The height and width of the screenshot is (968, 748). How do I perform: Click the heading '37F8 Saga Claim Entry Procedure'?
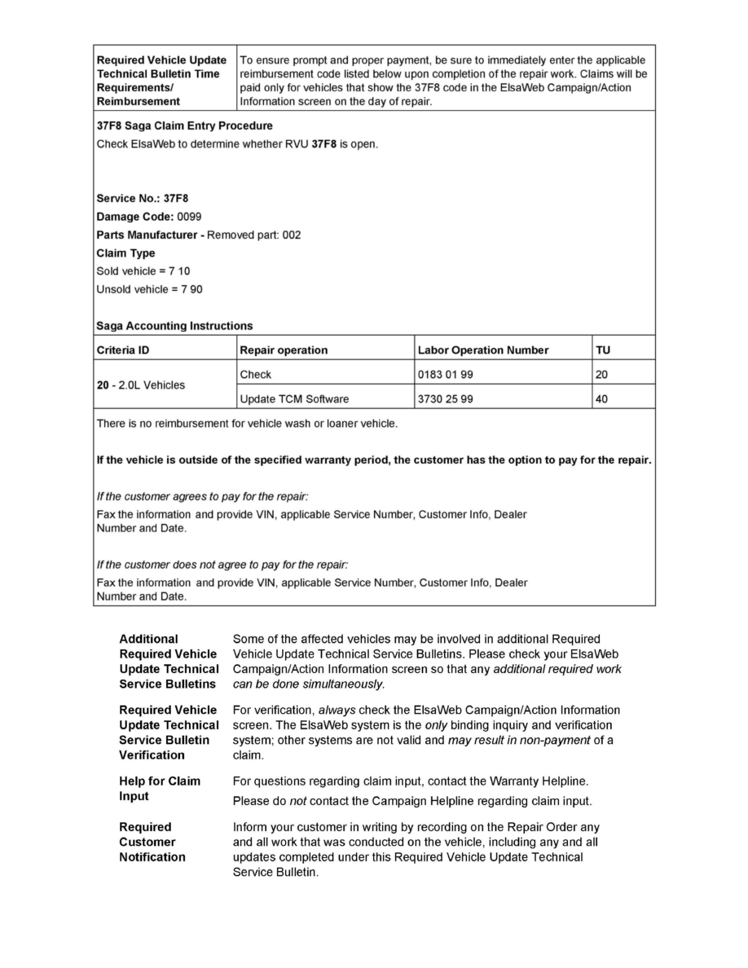pos(184,126)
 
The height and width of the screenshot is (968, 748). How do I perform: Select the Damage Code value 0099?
pos(190,217)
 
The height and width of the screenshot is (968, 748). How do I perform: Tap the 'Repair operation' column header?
pos(284,350)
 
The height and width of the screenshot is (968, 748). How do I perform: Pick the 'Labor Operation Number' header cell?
pos(482,350)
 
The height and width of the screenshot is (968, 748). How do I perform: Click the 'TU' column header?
pos(603,350)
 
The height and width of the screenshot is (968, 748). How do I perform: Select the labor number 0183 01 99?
pos(445,375)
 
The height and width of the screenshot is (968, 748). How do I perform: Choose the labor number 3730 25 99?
pos(445,399)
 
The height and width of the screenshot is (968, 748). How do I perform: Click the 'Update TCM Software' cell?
pos(294,399)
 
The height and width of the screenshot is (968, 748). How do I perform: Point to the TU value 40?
pos(602,399)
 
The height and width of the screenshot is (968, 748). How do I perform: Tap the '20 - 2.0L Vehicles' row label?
pos(140,385)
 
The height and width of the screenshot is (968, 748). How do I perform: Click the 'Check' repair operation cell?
pos(256,375)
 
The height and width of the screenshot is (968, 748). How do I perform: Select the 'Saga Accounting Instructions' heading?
pos(174,326)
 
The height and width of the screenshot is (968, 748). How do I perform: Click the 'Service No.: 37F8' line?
pos(143,198)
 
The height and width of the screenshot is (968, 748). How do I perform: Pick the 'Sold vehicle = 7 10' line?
pos(143,271)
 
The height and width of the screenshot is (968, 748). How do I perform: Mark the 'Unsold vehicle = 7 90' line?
pos(149,289)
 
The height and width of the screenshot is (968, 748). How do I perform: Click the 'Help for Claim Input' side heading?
pos(160,789)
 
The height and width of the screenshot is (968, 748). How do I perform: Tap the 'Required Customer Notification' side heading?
pos(152,843)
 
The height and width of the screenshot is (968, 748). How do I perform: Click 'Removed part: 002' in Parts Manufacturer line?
pos(253,235)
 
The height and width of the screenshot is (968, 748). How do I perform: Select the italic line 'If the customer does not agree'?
pos(222,565)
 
